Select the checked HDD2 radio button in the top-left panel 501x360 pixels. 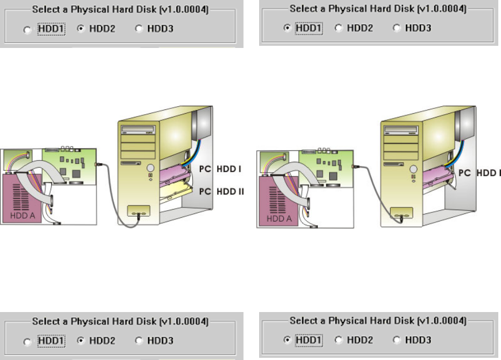pyautogui.click(x=80, y=29)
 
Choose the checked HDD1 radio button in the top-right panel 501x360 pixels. pyautogui.click(x=287, y=27)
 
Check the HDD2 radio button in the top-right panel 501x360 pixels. pyautogui.click(x=339, y=27)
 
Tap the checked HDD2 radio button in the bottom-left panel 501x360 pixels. pyautogui.click(x=80, y=341)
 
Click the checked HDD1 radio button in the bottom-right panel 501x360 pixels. pyautogui.click(x=287, y=340)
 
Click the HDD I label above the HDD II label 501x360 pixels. pyautogui.click(x=228, y=169)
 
